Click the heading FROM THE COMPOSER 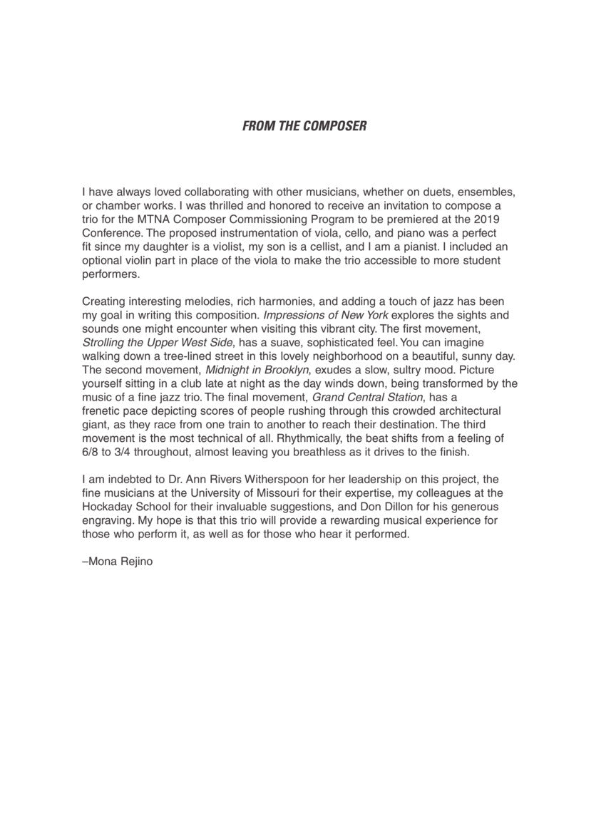(304, 126)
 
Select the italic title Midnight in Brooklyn (257, 369)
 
